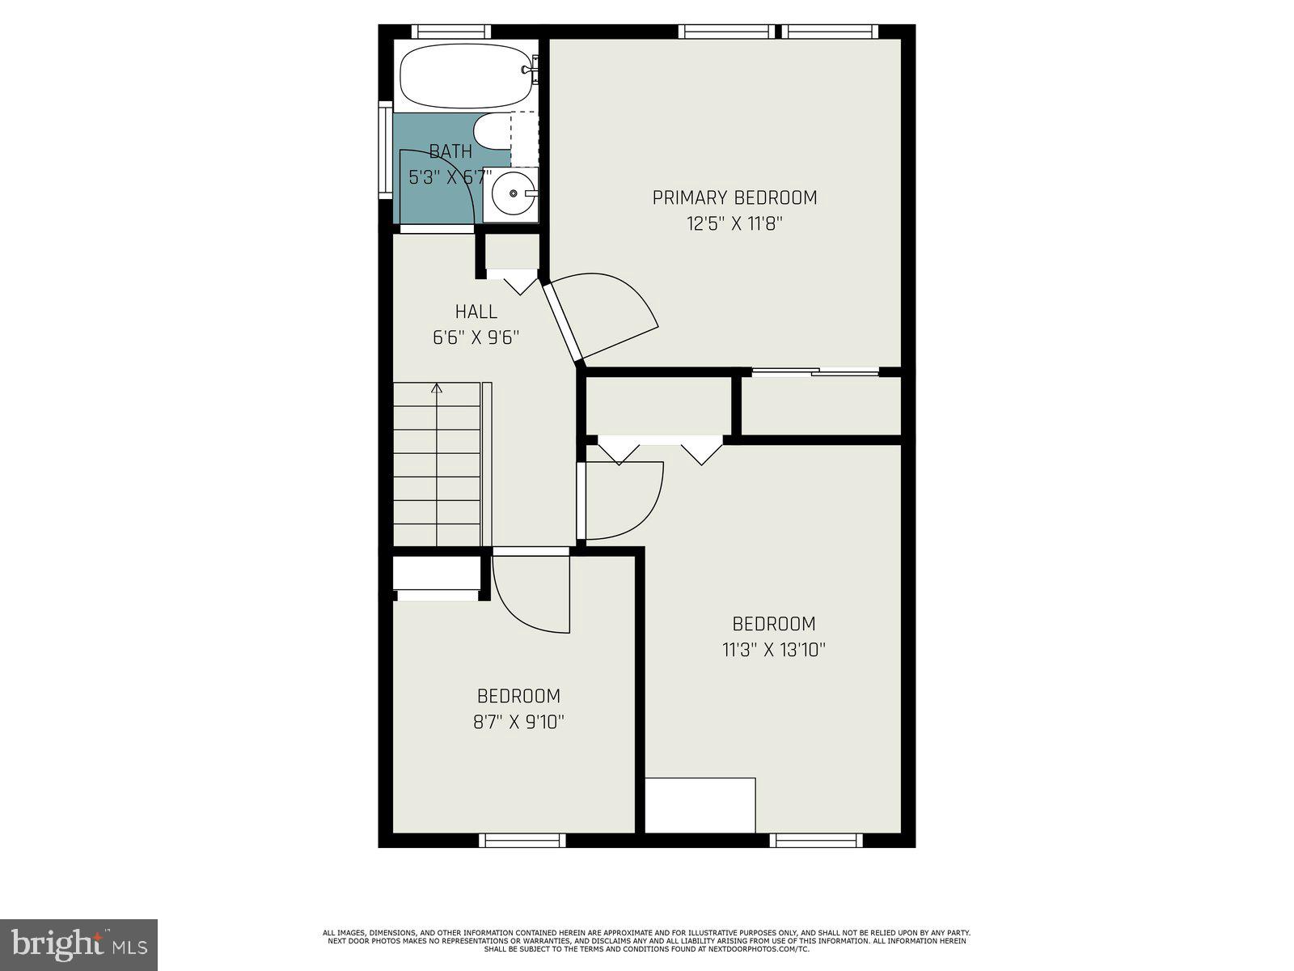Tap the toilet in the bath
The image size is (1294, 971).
click(x=491, y=131)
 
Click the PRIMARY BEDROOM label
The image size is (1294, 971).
click(x=734, y=197)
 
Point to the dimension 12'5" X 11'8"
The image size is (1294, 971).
click(x=734, y=224)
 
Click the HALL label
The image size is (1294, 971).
click(x=476, y=312)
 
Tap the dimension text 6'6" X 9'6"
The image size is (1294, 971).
click(x=476, y=337)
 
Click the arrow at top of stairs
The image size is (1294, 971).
click(x=437, y=389)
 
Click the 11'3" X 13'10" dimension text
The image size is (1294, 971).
click(x=773, y=650)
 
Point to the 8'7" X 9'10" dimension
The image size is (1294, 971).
click(x=518, y=722)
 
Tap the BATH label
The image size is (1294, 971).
click(x=450, y=151)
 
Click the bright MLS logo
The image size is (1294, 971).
click(x=79, y=944)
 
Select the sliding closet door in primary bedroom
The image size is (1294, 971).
click(x=814, y=372)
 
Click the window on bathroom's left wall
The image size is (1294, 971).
click(x=386, y=150)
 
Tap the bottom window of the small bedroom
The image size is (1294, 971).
click(x=522, y=841)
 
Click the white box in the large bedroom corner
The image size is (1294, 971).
click(x=700, y=805)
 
